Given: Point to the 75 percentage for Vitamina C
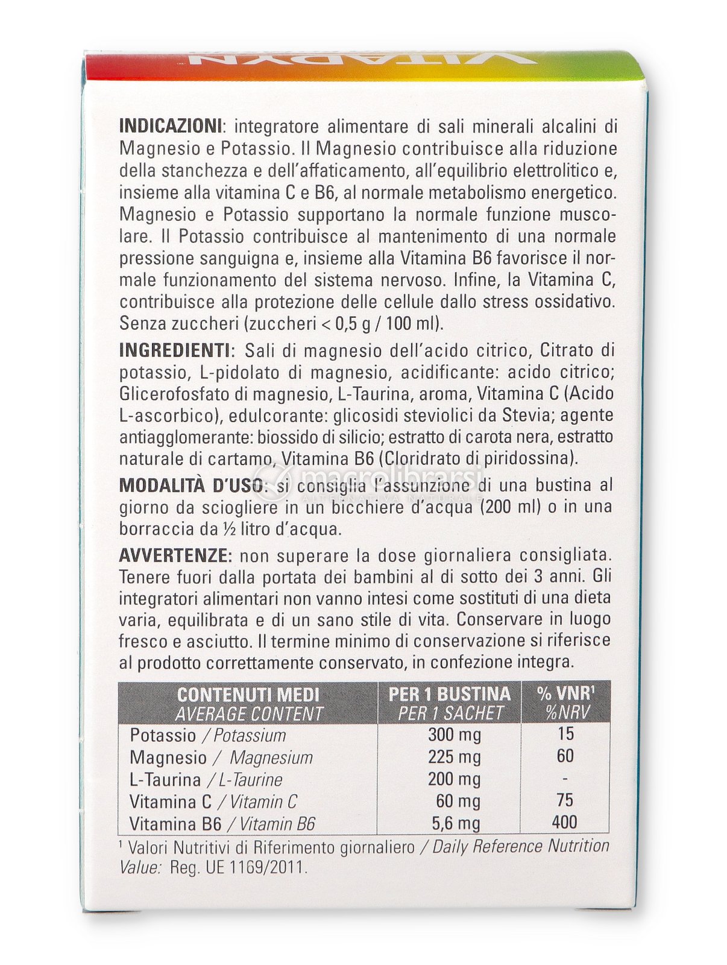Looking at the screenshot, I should (x=565, y=800).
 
